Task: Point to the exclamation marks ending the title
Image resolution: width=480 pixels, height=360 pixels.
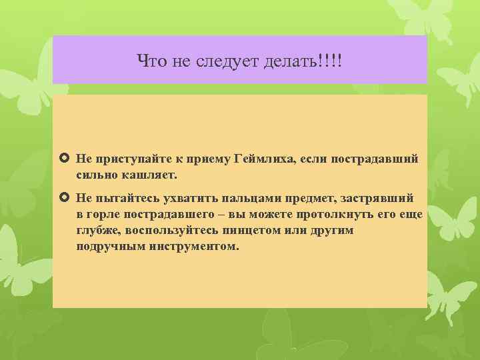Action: click(x=330, y=61)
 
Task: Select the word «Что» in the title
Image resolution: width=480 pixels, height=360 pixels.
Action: click(x=150, y=61)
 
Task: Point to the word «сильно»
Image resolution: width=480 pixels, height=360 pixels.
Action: click(x=97, y=175)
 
